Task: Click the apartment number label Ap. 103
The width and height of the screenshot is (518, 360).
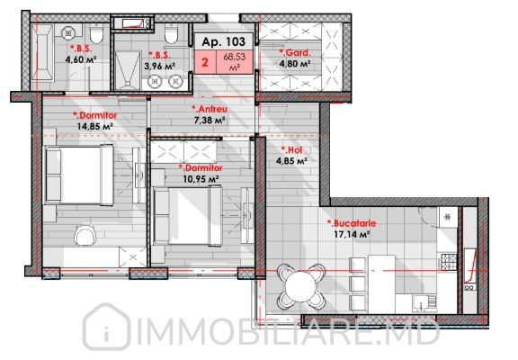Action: point(223,41)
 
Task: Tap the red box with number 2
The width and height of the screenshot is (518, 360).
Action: point(205,62)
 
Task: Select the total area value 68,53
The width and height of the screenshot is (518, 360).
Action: point(235,57)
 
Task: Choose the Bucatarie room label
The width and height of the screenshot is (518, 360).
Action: point(352,223)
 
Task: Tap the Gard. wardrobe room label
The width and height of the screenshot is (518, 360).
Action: point(295,52)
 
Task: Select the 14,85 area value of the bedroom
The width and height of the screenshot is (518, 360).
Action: point(95,126)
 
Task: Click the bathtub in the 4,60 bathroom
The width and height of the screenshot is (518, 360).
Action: point(42,52)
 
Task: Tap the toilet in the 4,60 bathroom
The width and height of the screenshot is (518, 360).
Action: point(96,35)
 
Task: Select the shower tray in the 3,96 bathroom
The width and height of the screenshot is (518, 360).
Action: point(128,70)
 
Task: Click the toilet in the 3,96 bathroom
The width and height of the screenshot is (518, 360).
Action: point(171,34)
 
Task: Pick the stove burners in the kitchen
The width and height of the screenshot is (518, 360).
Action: point(449,262)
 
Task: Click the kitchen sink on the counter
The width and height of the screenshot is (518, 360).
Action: point(424,304)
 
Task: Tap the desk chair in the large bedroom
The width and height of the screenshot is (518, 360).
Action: point(85,236)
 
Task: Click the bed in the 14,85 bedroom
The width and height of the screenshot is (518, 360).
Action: point(79,175)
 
